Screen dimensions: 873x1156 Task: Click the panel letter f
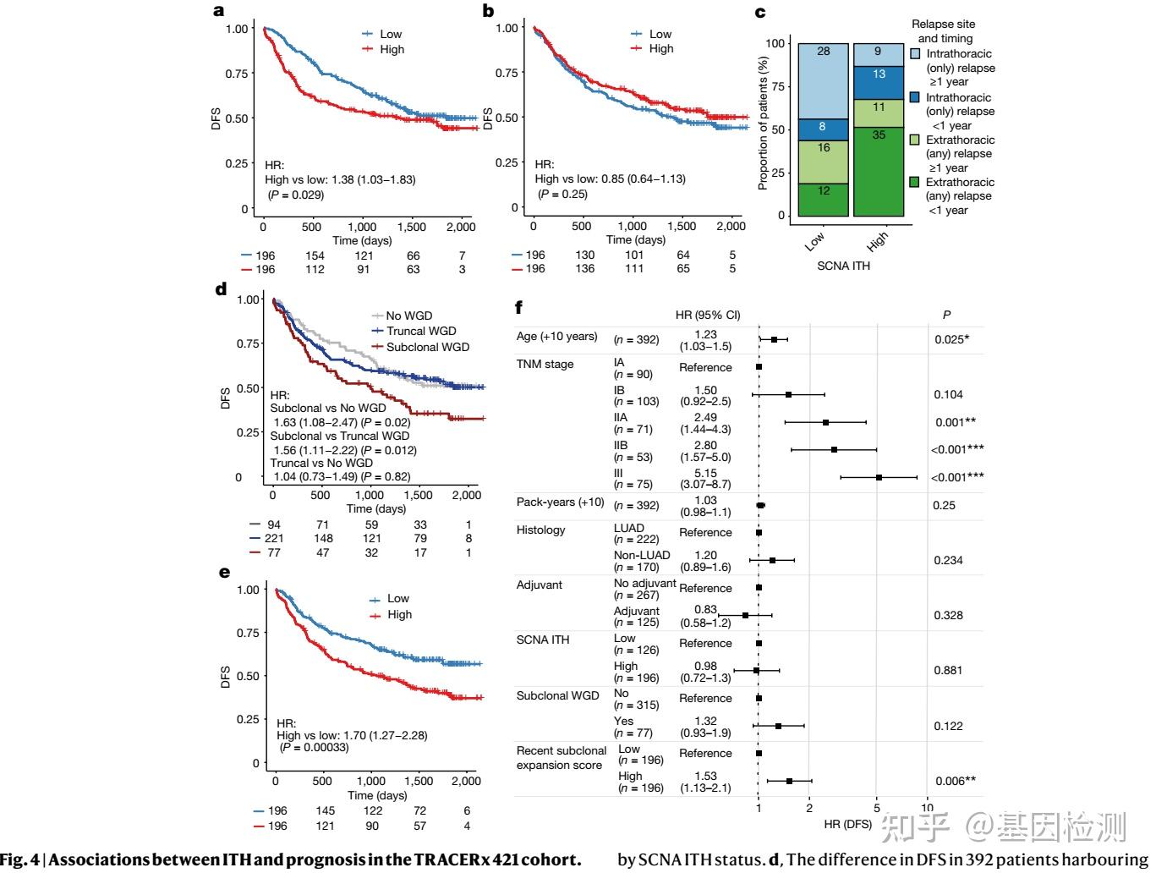(x=519, y=307)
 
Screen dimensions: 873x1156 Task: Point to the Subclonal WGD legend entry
(x=427, y=347)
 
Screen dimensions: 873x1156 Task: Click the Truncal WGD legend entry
(x=420, y=331)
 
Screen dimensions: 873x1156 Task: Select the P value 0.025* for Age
(x=951, y=339)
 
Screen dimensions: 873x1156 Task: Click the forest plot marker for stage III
(x=879, y=478)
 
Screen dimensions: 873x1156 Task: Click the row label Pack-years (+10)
(x=560, y=502)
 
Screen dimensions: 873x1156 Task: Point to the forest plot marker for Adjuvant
(x=745, y=615)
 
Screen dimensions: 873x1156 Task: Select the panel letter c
(x=760, y=12)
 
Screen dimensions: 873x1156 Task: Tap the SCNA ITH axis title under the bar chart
(x=843, y=266)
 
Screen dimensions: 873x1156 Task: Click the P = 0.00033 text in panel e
(x=324, y=748)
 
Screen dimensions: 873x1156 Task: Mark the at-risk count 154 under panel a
(x=315, y=255)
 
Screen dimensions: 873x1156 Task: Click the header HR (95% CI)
(x=708, y=316)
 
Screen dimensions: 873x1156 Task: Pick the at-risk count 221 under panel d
(x=273, y=538)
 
